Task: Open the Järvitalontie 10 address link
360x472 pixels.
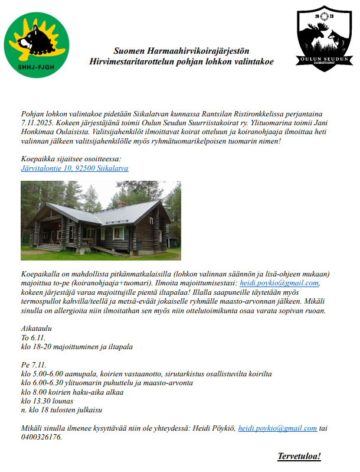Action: (x=74, y=168)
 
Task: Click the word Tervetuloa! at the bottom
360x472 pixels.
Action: (x=299, y=457)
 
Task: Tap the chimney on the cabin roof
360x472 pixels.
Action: (x=121, y=204)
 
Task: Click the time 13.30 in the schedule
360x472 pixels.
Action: (x=44, y=401)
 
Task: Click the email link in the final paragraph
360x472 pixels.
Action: (x=277, y=428)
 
